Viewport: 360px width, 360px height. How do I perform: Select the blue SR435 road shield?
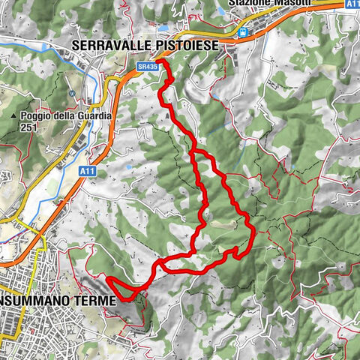(148, 66)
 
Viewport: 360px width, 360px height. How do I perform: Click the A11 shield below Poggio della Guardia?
(86, 172)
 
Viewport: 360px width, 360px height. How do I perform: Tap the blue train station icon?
(242, 32)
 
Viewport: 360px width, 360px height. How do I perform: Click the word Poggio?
(35, 116)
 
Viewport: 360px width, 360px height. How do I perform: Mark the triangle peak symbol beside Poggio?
(14, 117)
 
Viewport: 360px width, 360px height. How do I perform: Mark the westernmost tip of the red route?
(109, 280)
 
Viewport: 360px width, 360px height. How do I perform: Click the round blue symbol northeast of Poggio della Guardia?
(73, 94)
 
